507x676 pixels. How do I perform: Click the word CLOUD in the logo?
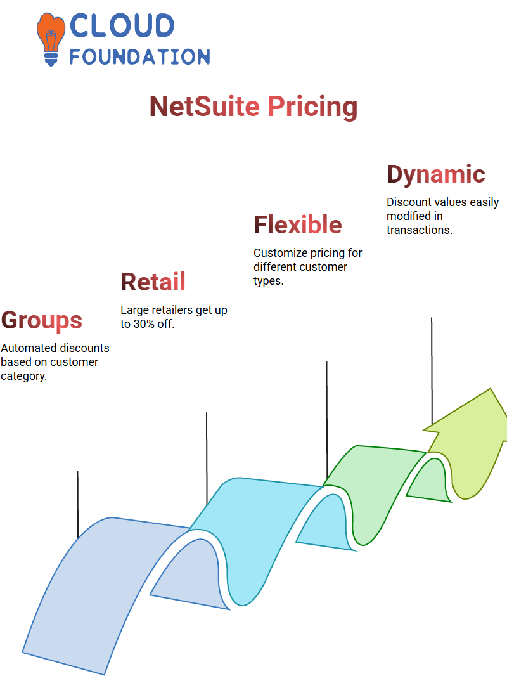click(122, 25)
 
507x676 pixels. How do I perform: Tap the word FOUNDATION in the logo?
click(139, 56)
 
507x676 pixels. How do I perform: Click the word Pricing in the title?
click(312, 108)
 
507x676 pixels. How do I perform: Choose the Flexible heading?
click(298, 224)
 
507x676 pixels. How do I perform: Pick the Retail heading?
click(153, 282)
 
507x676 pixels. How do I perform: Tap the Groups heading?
click(41, 321)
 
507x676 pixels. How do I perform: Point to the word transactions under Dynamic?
click(419, 230)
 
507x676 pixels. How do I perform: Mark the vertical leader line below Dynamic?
click(432, 371)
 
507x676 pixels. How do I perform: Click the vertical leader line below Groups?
click(78, 504)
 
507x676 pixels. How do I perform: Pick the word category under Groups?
click(23, 377)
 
